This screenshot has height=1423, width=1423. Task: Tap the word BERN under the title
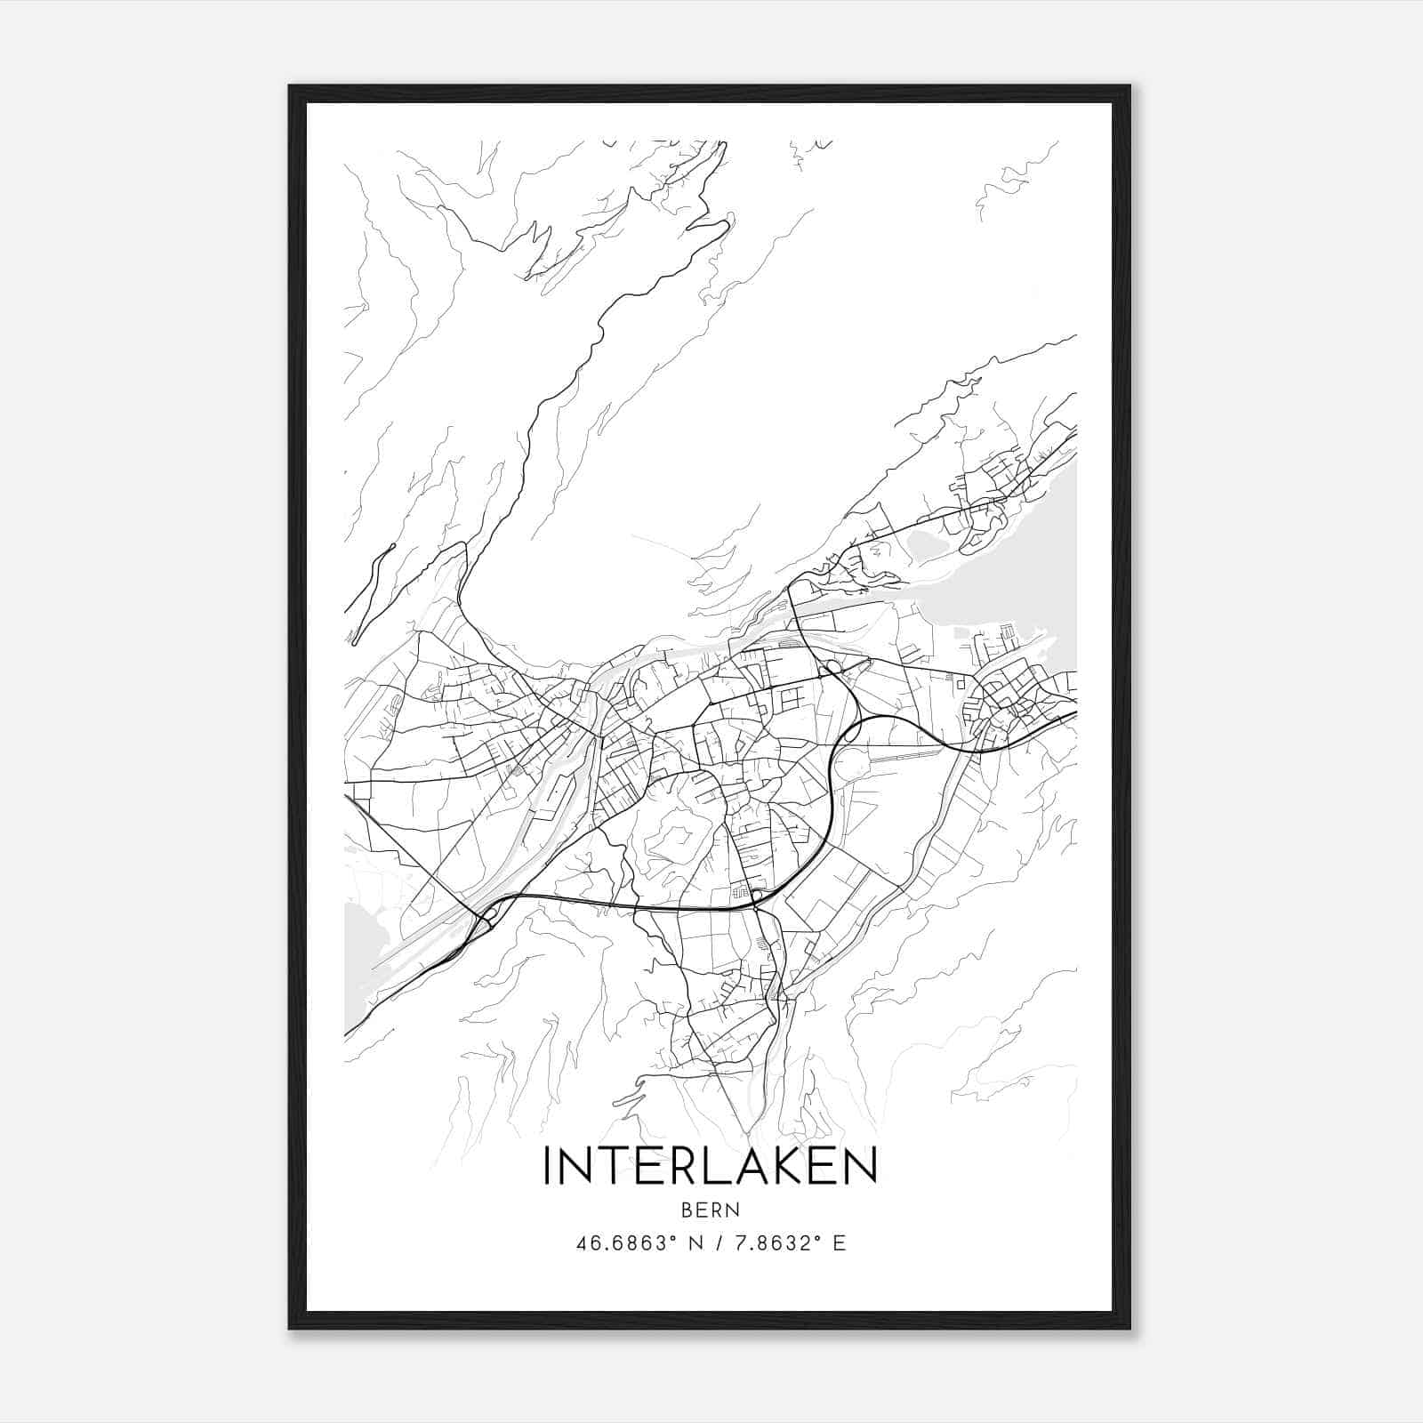[711, 1210]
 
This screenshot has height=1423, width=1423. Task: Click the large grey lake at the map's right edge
[1023, 578]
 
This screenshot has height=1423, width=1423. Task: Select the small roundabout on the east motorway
[833, 666]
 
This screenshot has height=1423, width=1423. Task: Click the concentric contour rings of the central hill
[678, 836]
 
